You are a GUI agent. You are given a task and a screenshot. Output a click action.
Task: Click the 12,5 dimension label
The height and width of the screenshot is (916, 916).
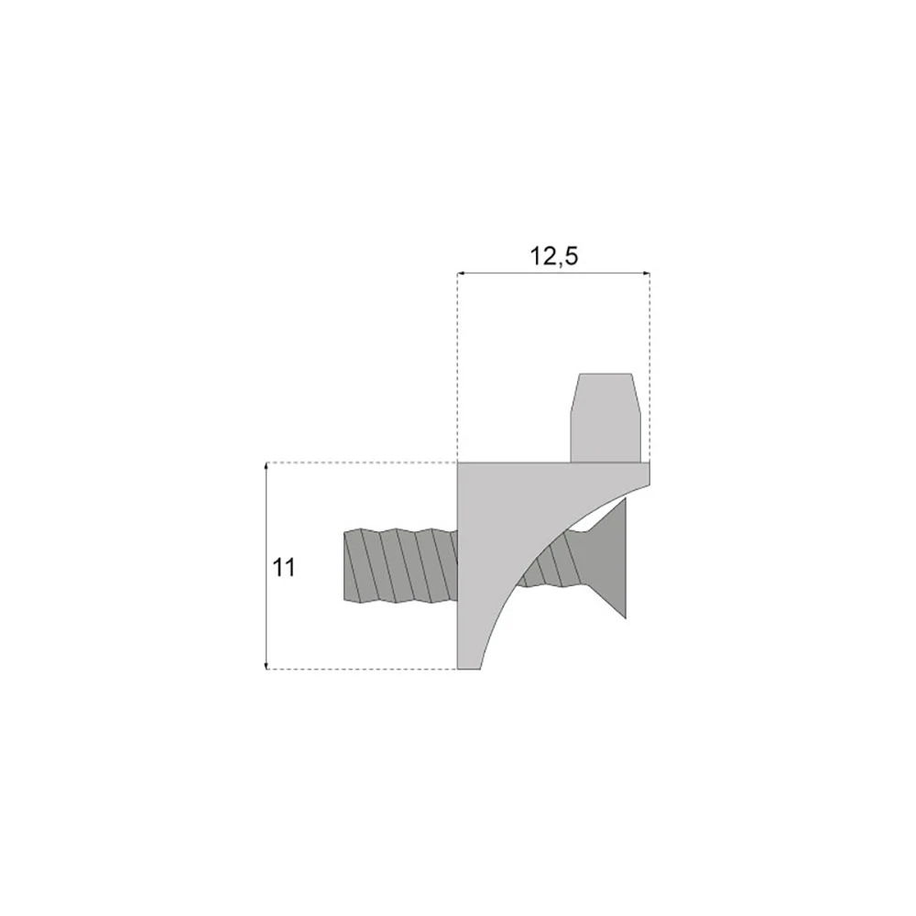(x=554, y=256)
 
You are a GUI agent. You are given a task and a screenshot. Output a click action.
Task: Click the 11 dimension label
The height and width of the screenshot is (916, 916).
(x=284, y=567)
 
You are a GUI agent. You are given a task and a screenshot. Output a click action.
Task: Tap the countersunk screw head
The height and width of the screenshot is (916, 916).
(x=607, y=558)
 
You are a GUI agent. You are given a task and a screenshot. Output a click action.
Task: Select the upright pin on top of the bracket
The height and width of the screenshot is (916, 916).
(x=605, y=418)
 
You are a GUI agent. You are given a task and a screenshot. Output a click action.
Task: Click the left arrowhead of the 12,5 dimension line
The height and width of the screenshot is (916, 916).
(x=461, y=273)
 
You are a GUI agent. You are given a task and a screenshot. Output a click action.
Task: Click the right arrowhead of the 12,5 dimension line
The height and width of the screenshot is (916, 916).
(x=646, y=273)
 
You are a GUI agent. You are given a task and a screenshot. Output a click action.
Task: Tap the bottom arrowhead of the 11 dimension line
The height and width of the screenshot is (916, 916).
(x=267, y=665)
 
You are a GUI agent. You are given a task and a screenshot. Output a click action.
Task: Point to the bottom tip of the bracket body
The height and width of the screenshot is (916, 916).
(x=469, y=669)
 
